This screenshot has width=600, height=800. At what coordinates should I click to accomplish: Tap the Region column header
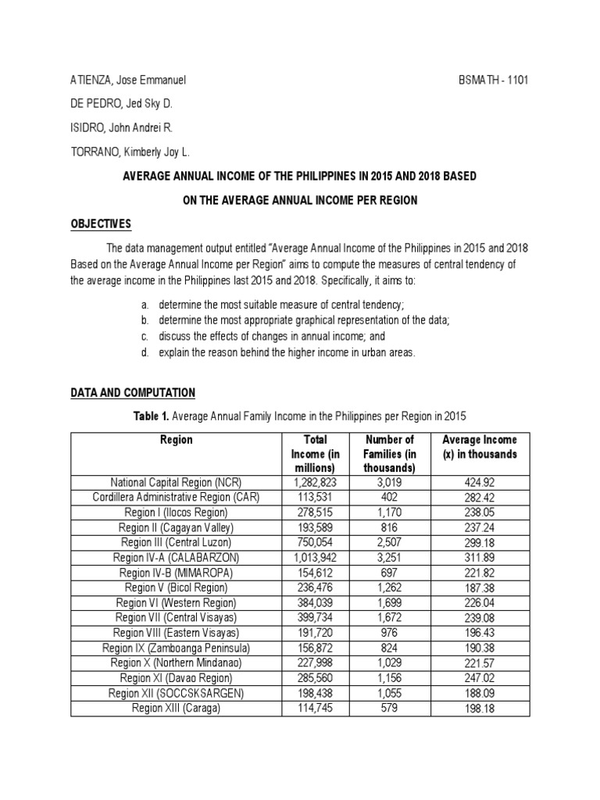point(177,440)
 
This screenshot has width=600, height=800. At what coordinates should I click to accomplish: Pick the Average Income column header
point(480,447)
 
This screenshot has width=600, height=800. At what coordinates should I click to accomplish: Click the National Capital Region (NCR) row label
point(177,482)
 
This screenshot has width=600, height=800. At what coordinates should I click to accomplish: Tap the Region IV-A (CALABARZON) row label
point(177,557)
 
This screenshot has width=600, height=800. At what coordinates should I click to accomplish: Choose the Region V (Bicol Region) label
point(177,587)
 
